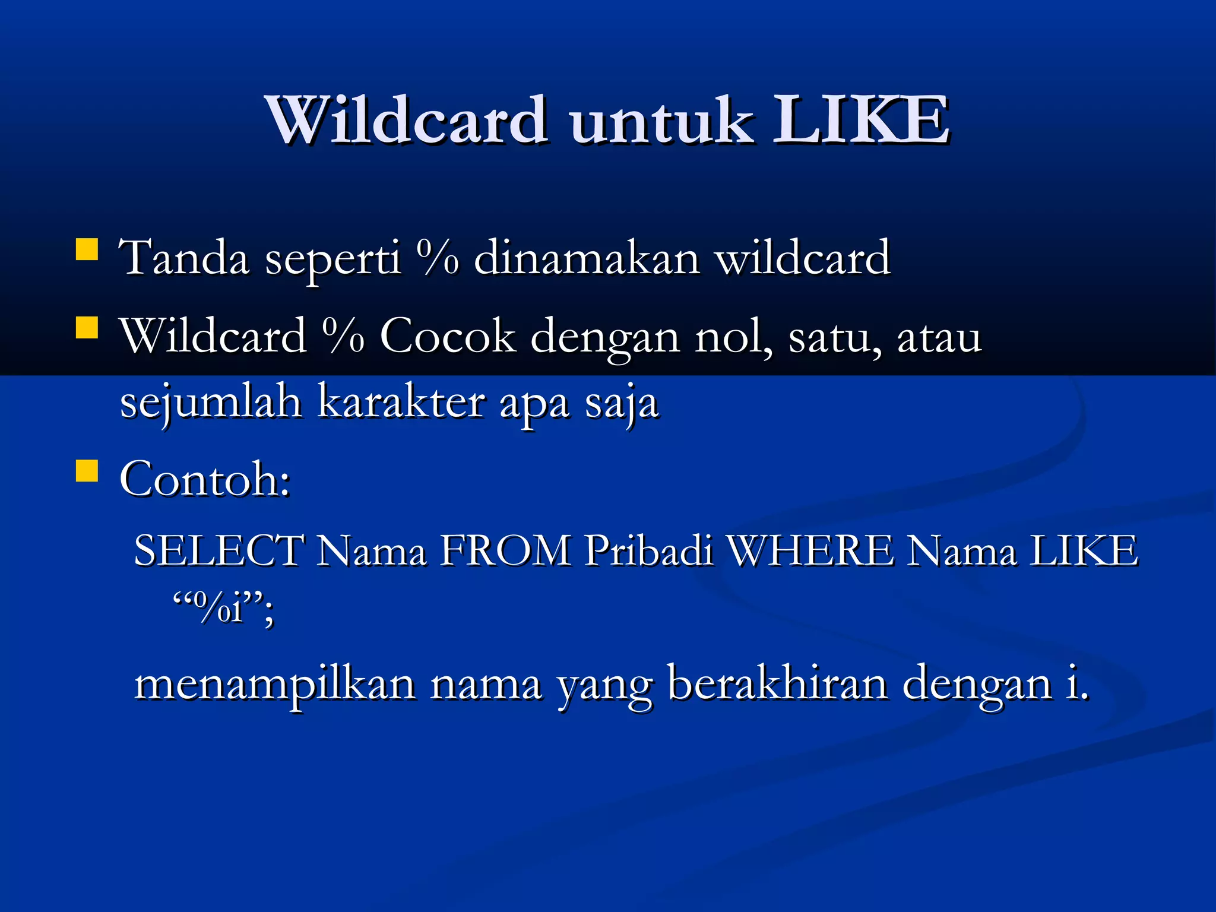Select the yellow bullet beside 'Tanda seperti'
(x=87, y=249)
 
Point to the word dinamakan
(x=587, y=259)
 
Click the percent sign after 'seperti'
(x=438, y=258)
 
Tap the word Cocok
(x=447, y=337)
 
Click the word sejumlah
(x=211, y=403)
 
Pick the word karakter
(x=401, y=403)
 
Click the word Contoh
(x=204, y=479)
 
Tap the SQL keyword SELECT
(x=219, y=550)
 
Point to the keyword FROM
(x=505, y=550)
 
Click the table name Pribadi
(x=648, y=550)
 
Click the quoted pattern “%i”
(x=223, y=608)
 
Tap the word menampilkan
(x=275, y=685)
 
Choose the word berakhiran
(x=778, y=683)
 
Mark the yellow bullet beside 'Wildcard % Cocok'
(x=87, y=327)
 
